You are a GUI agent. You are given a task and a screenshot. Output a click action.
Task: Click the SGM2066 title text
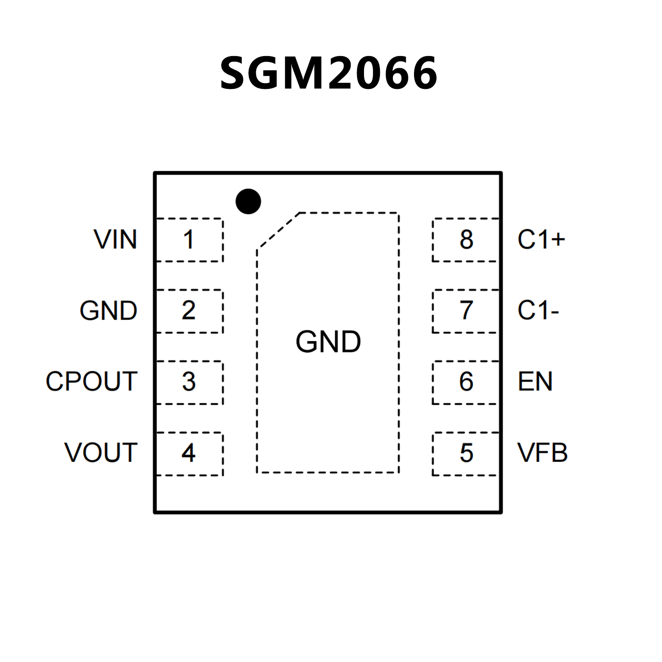(329, 73)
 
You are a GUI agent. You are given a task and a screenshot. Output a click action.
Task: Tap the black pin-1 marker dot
(248, 201)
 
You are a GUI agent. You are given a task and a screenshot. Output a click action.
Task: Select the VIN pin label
(115, 240)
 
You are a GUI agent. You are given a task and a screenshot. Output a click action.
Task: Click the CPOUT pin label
(91, 382)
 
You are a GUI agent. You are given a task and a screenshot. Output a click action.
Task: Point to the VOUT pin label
(101, 453)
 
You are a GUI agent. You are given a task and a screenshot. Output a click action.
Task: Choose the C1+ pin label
(541, 240)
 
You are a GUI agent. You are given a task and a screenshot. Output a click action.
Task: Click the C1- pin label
(538, 311)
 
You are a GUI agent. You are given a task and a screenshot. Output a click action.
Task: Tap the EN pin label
(535, 382)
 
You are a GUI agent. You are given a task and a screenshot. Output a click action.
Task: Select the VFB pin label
(543, 453)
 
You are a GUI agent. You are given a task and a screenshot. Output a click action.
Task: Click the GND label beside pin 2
(108, 311)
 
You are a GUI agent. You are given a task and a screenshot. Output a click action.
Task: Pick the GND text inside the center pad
(328, 342)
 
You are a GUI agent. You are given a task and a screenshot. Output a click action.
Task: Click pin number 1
(188, 240)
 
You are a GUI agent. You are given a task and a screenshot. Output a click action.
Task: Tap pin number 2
(188, 311)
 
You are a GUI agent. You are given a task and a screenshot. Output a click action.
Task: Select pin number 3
(188, 382)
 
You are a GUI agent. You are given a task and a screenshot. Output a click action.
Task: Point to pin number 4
(188, 453)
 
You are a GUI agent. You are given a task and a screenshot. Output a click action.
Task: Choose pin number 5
(466, 453)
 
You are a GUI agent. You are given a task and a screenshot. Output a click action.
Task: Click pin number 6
(466, 382)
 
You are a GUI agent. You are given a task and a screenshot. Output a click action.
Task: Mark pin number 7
(466, 311)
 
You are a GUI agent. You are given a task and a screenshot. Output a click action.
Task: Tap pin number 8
(466, 240)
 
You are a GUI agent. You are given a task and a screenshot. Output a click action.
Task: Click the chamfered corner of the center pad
(278, 231)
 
